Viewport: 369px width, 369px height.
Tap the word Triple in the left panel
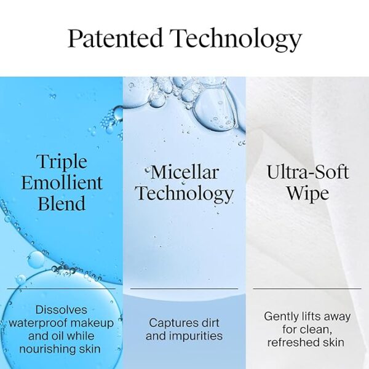[x=61, y=162]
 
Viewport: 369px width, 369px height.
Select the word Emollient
[x=61, y=183]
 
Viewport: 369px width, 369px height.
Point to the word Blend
[x=61, y=204]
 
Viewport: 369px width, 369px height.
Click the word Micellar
[x=184, y=172]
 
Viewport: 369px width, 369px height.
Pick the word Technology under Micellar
[x=184, y=193]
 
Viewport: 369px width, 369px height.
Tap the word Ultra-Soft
[x=307, y=172]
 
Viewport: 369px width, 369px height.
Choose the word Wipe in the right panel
[x=307, y=193]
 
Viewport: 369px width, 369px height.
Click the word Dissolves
[x=61, y=309]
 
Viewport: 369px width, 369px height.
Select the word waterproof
[x=38, y=323]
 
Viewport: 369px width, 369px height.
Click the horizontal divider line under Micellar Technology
[x=184, y=288]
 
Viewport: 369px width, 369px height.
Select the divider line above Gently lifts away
[x=307, y=288]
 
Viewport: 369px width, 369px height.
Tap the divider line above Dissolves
[x=61, y=288]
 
